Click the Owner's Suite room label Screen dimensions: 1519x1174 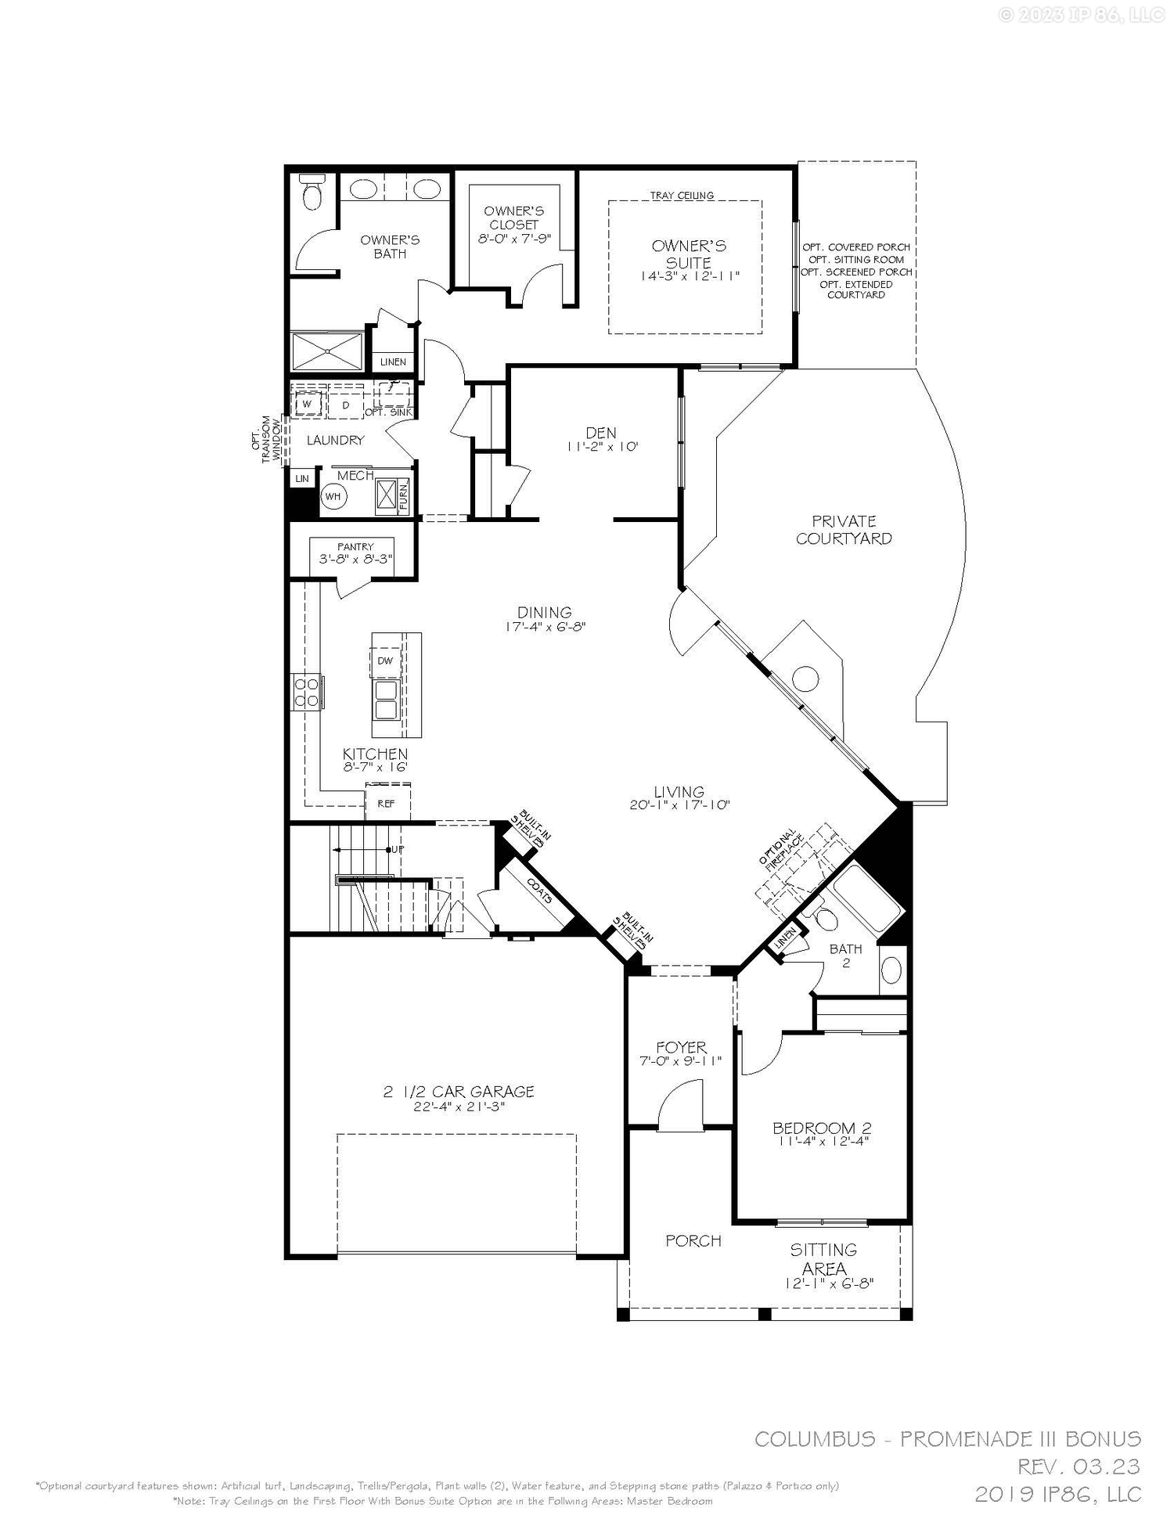point(689,254)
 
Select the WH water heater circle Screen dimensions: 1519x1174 point(333,496)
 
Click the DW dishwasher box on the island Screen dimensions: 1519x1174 point(385,661)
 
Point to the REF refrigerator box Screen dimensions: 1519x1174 point(386,804)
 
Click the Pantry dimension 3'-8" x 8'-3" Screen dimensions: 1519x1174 point(355,560)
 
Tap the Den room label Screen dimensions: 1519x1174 point(601,433)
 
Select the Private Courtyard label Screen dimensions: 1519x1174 point(844,530)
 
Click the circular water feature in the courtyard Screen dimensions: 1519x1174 point(806,678)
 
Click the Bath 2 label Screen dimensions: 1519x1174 point(846,956)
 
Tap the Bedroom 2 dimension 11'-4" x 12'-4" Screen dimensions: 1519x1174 point(823,1141)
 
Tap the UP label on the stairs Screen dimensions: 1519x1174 point(397,849)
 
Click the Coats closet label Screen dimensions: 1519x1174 point(539,891)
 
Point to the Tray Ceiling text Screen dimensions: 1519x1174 point(682,196)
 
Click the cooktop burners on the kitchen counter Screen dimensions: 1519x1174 point(306,692)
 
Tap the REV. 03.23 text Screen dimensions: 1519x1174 point(1079,1466)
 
